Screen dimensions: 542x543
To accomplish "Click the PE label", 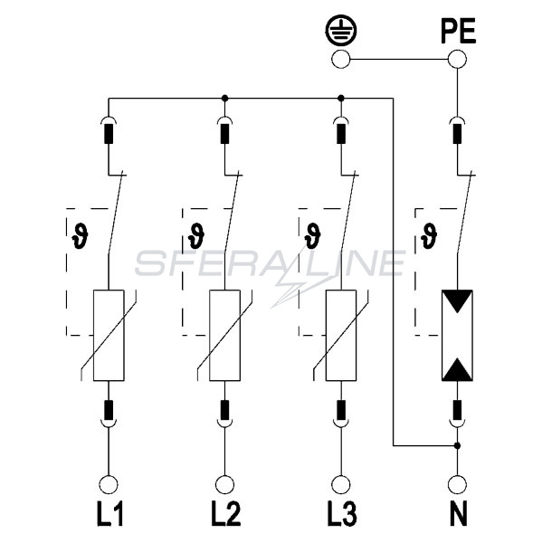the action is tap(458, 31).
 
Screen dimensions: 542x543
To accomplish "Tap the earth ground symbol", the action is tap(341, 31).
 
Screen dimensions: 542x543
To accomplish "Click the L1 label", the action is tap(109, 514).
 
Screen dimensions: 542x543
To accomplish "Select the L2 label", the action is tap(226, 514).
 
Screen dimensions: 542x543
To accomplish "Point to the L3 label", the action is tap(342, 514).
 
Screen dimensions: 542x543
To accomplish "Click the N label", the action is tap(458, 514).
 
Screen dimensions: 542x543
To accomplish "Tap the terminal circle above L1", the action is tap(109, 484).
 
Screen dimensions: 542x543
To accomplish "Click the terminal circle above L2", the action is tap(224, 484).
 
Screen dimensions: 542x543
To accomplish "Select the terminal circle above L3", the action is tap(341, 484).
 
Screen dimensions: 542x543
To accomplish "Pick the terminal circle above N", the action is tap(457, 484).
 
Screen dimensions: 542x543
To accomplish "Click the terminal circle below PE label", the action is tap(457, 59).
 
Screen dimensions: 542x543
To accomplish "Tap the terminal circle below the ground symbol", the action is tap(341, 59).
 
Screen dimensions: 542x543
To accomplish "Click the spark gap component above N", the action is tap(457, 335).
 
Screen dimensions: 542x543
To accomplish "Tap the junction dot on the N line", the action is tap(457, 445).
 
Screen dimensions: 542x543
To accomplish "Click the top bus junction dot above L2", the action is tap(224, 99).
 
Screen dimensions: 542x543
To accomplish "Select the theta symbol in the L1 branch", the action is tap(80, 236).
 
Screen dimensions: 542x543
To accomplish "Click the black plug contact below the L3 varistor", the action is tap(341, 410).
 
